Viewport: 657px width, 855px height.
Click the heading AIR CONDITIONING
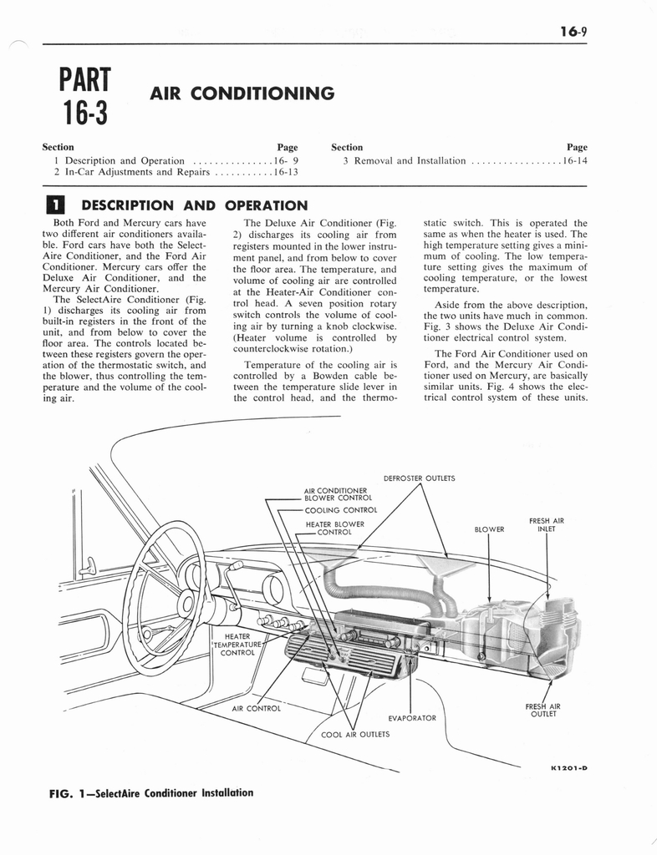tap(242, 93)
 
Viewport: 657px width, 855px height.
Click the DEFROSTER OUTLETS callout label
tap(419, 478)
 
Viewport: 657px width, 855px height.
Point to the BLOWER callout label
tap(489, 529)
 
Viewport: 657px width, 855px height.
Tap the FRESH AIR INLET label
tap(546, 525)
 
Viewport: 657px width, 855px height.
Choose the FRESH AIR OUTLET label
tap(542, 710)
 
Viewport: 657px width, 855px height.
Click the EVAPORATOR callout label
tap(412, 717)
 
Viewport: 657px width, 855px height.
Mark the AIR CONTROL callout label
tap(255, 708)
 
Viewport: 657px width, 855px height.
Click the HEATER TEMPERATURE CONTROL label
tap(237, 645)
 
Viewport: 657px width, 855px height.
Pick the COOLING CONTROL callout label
tap(341, 510)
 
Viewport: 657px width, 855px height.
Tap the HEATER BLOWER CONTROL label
tap(334, 528)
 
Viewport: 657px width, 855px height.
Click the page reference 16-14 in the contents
tap(575, 160)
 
